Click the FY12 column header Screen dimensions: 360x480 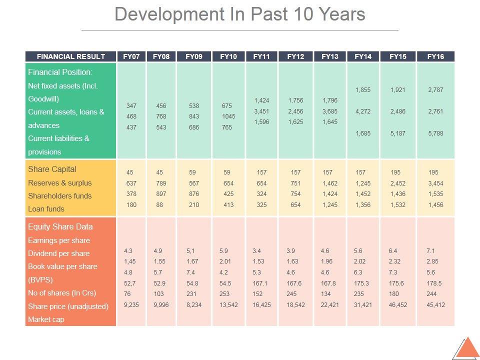tap(295, 56)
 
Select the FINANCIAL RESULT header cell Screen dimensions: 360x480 tap(71, 56)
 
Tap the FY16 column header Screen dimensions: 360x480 tap(435, 56)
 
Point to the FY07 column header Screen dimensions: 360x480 tap(131, 56)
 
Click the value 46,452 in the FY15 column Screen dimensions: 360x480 tap(398, 304)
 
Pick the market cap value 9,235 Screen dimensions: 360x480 tap(131, 304)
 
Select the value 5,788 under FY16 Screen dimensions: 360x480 tap(435, 133)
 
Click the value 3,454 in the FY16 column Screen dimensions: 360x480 tap(435, 183)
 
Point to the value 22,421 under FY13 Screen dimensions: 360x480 tap(330, 304)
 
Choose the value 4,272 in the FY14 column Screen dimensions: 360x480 tap(363, 111)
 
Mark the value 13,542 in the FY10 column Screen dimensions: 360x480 tap(228, 304)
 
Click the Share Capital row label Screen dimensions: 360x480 tap(52, 169)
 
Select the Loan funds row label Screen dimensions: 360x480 tap(46, 209)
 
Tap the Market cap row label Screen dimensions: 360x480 tap(46, 319)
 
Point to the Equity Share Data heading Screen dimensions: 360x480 tap(60, 226)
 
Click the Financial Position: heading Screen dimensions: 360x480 tap(60, 72)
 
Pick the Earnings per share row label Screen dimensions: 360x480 tap(59, 240)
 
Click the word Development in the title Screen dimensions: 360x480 tap(157, 14)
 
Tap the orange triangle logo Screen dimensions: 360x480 tap(468, 348)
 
